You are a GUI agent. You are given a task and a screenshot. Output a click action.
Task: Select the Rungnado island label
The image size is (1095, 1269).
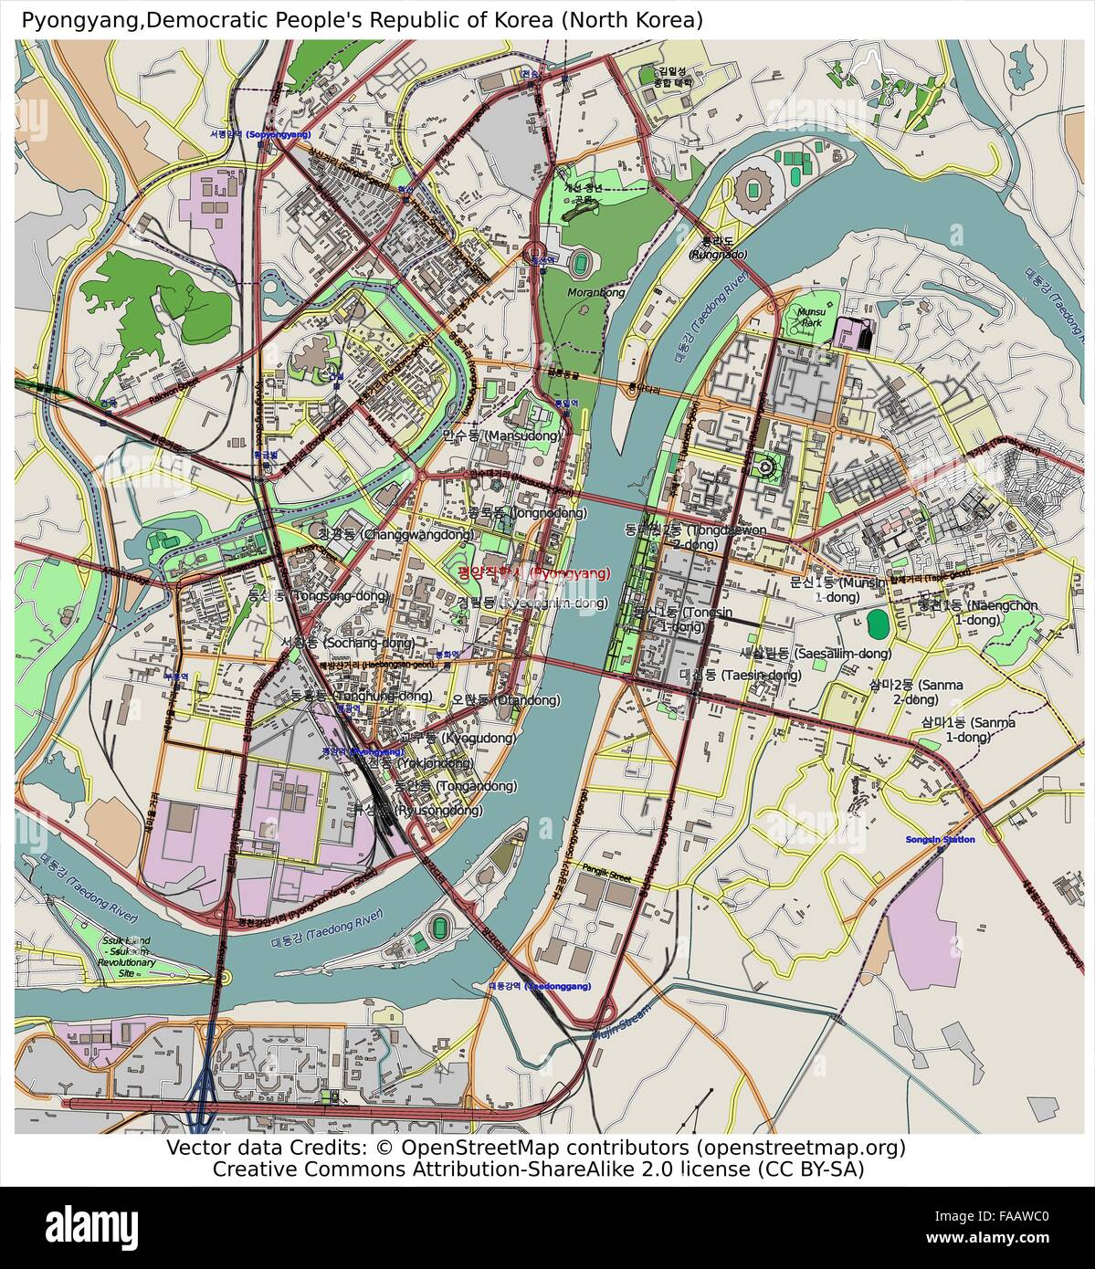(x=717, y=247)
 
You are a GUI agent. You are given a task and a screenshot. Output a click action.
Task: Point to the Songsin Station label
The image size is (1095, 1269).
(x=940, y=839)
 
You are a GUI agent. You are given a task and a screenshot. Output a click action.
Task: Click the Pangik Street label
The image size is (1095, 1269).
(x=607, y=877)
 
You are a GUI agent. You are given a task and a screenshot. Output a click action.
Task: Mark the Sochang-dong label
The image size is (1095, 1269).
(x=347, y=643)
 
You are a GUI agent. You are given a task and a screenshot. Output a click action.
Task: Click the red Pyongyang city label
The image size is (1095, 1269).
(x=532, y=573)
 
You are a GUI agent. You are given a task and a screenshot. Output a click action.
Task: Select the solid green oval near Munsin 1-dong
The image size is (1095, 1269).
(x=878, y=624)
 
